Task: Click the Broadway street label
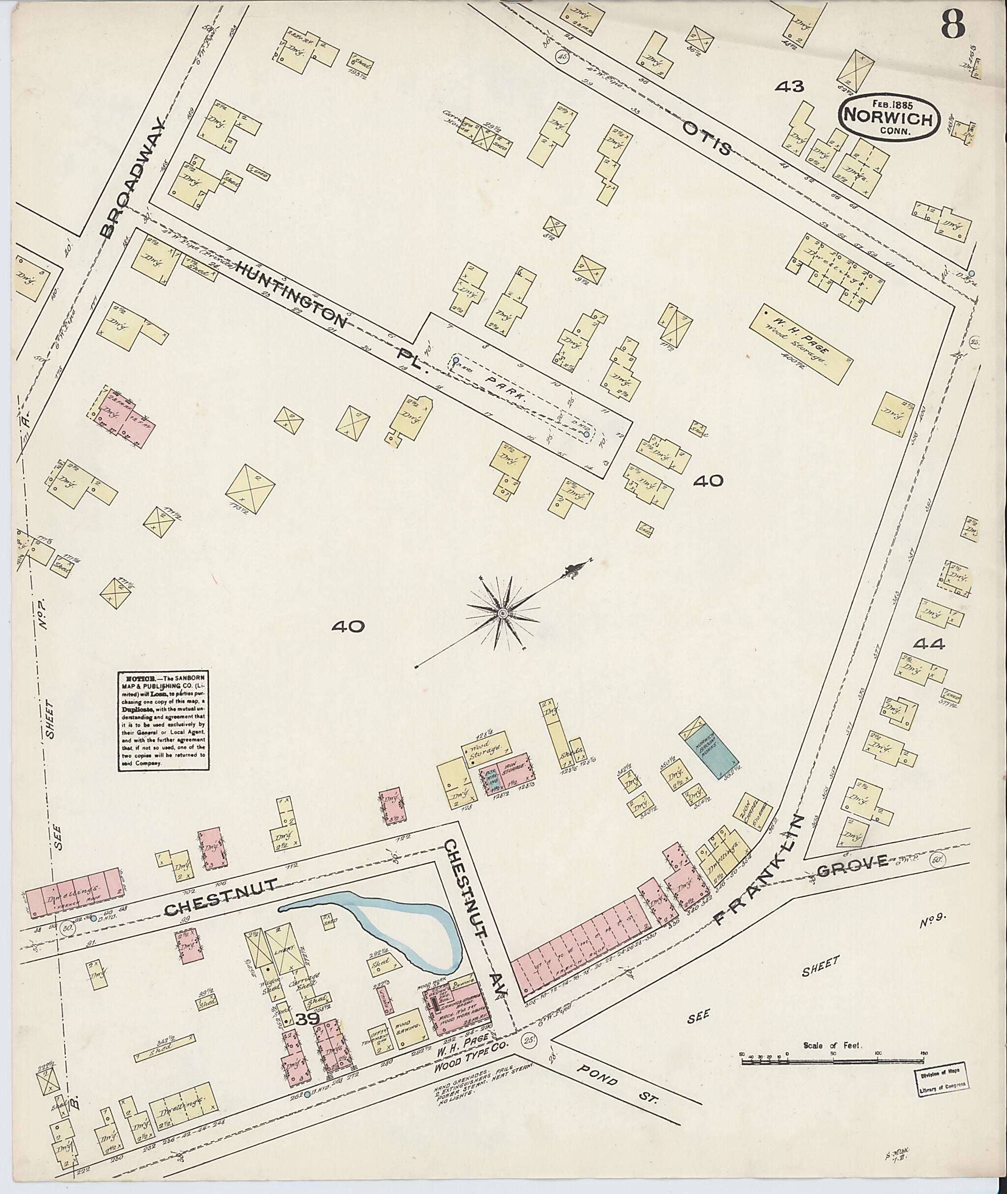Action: click(x=132, y=178)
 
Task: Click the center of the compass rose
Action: click(x=503, y=613)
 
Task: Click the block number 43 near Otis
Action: click(x=790, y=86)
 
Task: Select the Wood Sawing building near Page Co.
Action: click(x=407, y=1028)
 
